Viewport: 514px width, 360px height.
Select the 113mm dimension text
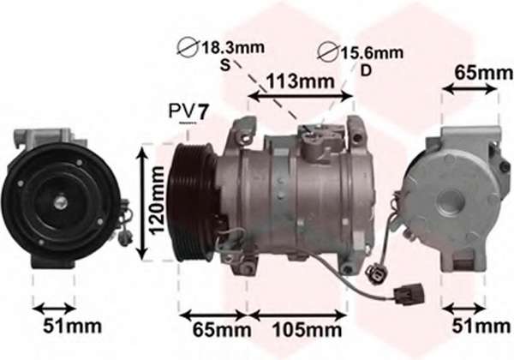tap(301, 81)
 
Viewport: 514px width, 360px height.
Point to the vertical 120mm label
tap(156, 201)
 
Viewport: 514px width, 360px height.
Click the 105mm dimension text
tap(307, 330)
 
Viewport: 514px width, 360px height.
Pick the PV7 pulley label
tap(188, 111)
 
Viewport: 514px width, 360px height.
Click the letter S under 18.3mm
tap(224, 65)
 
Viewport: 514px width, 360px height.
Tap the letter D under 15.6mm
tap(366, 70)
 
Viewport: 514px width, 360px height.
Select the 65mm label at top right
tap(483, 73)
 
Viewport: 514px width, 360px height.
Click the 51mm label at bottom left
tap(73, 326)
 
